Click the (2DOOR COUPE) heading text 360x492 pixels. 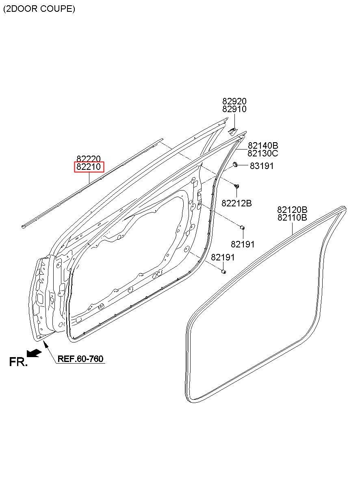point(39,9)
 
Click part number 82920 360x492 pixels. point(234,101)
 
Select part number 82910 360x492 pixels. point(234,109)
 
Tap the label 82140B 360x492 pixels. point(263,145)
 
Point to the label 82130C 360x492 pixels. point(263,153)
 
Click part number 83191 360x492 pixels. point(262,166)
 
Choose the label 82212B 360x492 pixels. point(236,203)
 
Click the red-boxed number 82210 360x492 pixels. point(89,167)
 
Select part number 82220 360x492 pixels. point(89,159)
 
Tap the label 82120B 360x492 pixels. point(292,210)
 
